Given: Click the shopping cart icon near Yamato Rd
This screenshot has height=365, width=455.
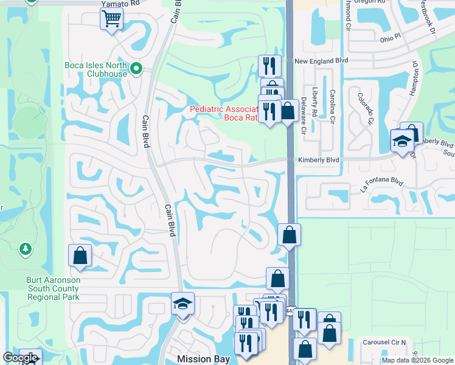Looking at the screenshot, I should pos(111,18).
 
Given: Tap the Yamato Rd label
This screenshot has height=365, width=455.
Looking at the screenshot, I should pos(120,2).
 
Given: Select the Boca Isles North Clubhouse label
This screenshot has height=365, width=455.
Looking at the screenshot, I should pos(96,69).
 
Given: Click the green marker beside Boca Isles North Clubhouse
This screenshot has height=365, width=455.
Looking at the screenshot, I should pos(136,68).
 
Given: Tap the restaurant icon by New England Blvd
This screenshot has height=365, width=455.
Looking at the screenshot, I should pos(268,65).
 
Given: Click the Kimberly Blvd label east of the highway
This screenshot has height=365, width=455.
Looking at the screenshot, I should pos(318,160).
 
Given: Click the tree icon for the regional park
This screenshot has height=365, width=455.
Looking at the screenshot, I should pos(25,249).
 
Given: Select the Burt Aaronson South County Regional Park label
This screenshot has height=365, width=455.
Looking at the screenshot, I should pos(54,289).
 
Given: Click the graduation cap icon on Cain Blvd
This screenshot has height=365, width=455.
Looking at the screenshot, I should pos(182,304).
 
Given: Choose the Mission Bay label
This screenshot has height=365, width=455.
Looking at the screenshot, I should pos(203,359).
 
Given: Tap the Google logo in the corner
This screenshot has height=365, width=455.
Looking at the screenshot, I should pos(20,358).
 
